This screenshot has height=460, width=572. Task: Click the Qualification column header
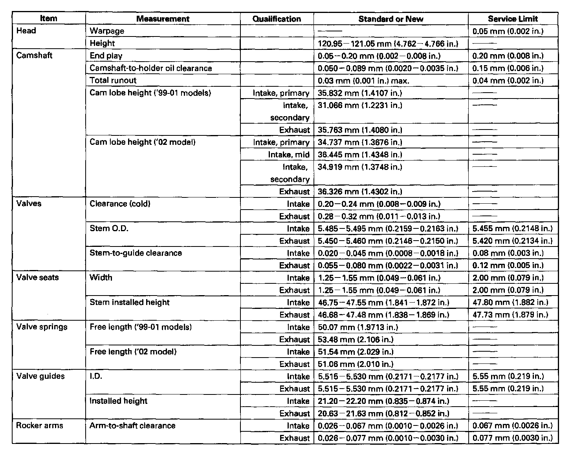[x=277, y=19]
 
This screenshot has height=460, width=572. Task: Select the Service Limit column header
[x=513, y=19]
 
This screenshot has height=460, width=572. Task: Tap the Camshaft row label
[x=34, y=55]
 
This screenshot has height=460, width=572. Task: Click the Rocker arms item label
[x=39, y=425]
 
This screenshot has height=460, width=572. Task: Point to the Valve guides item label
[x=40, y=376]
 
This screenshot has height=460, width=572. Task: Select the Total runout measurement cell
[x=113, y=80]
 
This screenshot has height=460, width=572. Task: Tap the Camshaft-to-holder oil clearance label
[x=151, y=68]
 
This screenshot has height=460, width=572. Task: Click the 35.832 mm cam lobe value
[x=360, y=93]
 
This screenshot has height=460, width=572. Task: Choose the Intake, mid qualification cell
[x=289, y=155]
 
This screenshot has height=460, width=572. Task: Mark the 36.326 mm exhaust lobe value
[x=360, y=192]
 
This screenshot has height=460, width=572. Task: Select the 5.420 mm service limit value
[x=512, y=241]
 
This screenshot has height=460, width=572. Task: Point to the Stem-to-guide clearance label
[x=136, y=253]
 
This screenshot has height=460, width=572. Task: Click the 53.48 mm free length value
[x=356, y=340]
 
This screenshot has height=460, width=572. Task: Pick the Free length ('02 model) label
[x=133, y=352]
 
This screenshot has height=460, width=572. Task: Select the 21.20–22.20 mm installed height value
[x=383, y=401]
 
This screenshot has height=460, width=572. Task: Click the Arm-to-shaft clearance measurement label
[x=133, y=425]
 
